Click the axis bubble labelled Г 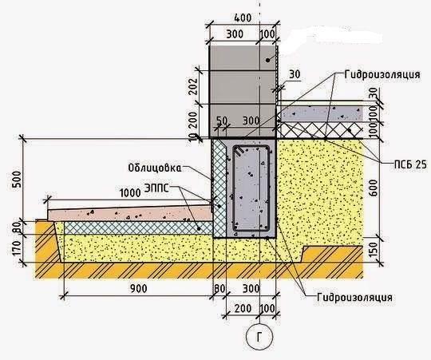[x=259, y=337]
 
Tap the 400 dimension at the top [x=243, y=18]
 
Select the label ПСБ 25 [x=410, y=164]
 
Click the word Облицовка [x=155, y=168]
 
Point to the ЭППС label [x=156, y=188]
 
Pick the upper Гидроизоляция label [x=382, y=74]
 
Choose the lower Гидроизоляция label [x=354, y=298]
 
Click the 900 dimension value [x=139, y=288]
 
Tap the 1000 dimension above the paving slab [x=130, y=193]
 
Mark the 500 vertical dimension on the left [x=17, y=179]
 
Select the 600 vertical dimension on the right [x=373, y=188]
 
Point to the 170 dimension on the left [x=17, y=248]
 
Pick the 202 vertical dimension [x=194, y=86]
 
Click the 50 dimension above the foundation [x=222, y=121]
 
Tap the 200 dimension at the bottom [x=243, y=308]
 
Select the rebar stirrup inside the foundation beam [x=251, y=188]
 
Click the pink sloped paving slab [x=130, y=213]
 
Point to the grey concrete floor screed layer [x=321, y=113]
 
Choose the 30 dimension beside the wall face [x=295, y=74]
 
